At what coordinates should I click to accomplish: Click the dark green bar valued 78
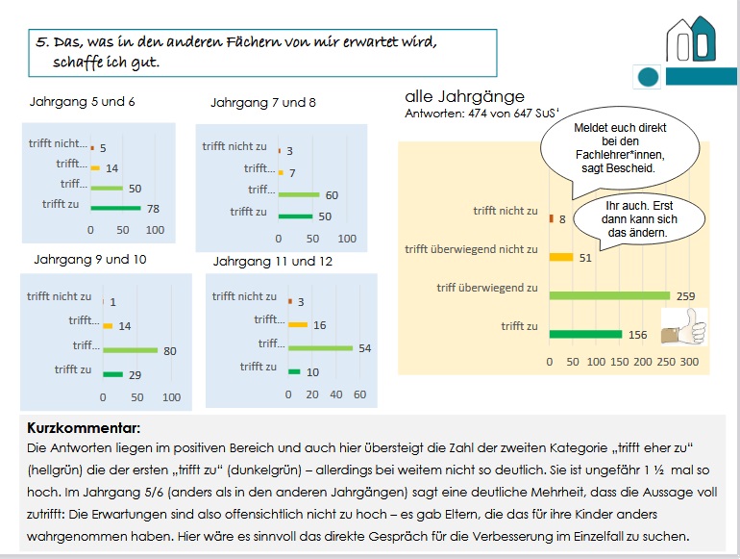pos(115,207)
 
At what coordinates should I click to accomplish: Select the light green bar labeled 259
pos(609,295)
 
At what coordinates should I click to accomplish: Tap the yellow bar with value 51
pos(561,257)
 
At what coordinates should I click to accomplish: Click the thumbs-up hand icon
pos(684,326)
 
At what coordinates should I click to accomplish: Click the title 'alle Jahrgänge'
pos(464,96)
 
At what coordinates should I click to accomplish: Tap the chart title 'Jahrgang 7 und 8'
pos(262,102)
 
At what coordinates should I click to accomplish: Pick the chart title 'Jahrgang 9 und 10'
pos(90,259)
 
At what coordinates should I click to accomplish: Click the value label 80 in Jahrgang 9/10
pos(170,351)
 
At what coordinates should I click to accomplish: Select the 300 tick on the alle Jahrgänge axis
pos(689,362)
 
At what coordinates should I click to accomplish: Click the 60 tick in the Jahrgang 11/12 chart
pos(359,394)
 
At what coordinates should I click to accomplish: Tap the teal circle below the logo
pos(649,77)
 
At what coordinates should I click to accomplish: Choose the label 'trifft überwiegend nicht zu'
pos(471,249)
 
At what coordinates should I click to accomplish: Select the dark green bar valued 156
pos(585,334)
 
